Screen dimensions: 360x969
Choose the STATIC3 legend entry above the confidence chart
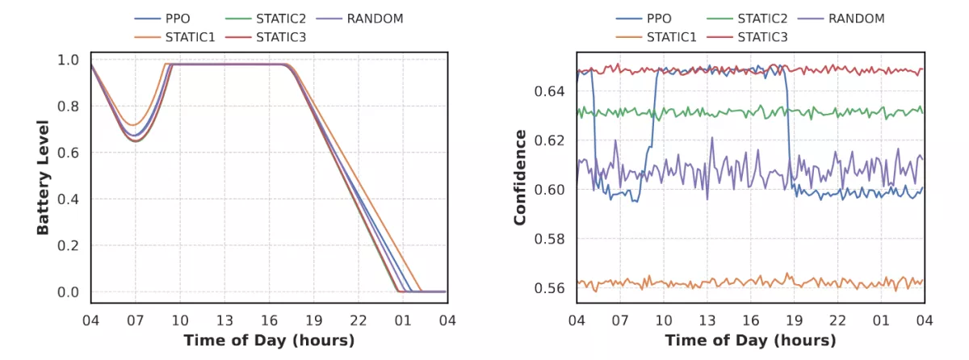766,36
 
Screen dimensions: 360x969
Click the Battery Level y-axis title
43,178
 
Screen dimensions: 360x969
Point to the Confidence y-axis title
521,178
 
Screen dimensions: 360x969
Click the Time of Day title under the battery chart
269,340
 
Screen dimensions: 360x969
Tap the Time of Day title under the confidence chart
750,340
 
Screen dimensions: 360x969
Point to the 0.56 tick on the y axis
551,288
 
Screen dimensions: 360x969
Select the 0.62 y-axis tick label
551,140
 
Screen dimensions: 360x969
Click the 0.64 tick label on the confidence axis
551,91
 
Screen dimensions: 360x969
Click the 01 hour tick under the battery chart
401,319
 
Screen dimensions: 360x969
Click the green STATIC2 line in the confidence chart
727,112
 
